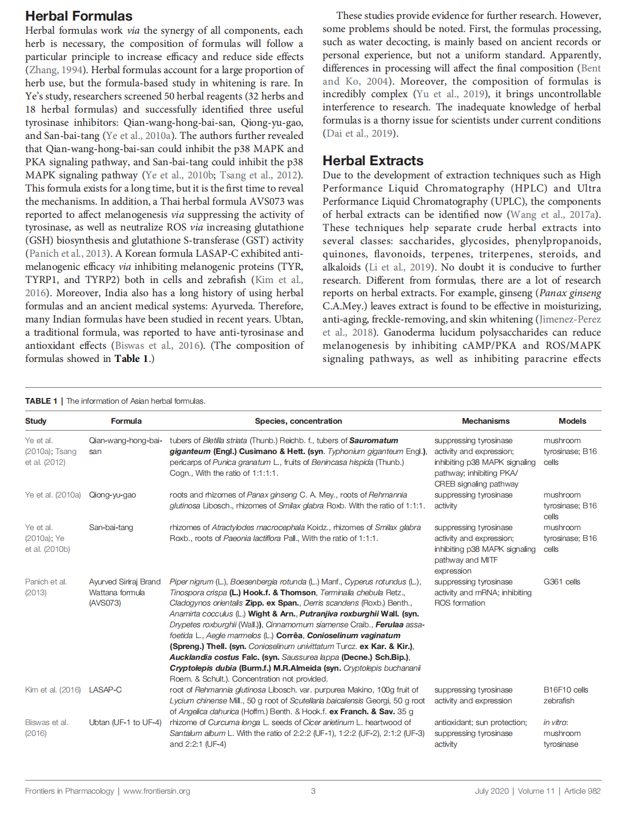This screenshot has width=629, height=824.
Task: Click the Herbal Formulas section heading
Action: [79, 16]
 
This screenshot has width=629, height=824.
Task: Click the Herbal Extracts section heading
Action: [373, 161]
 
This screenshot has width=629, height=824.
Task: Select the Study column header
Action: [36, 421]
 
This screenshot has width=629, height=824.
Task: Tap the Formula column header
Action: [126, 421]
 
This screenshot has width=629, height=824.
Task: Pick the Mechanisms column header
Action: [485, 421]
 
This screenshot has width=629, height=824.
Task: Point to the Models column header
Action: [572, 421]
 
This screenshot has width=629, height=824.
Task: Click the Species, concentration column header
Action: [298, 421]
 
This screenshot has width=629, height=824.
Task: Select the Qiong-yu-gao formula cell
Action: [113, 495]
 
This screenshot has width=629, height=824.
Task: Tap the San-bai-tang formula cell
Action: [111, 527]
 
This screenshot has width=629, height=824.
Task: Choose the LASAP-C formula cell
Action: [105, 690]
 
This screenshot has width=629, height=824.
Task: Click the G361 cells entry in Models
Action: [562, 582]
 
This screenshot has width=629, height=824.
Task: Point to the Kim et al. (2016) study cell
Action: [53, 690]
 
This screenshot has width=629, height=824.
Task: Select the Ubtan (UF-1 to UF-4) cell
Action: [125, 722]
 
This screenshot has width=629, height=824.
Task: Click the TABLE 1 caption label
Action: [41, 401]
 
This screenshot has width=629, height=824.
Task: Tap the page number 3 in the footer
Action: [313, 791]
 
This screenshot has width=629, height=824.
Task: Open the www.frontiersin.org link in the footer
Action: [157, 791]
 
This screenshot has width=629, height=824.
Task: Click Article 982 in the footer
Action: [582, 791]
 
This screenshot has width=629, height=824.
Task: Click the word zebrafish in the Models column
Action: [559, 700]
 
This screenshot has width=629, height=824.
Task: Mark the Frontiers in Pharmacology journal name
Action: [70, 791]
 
